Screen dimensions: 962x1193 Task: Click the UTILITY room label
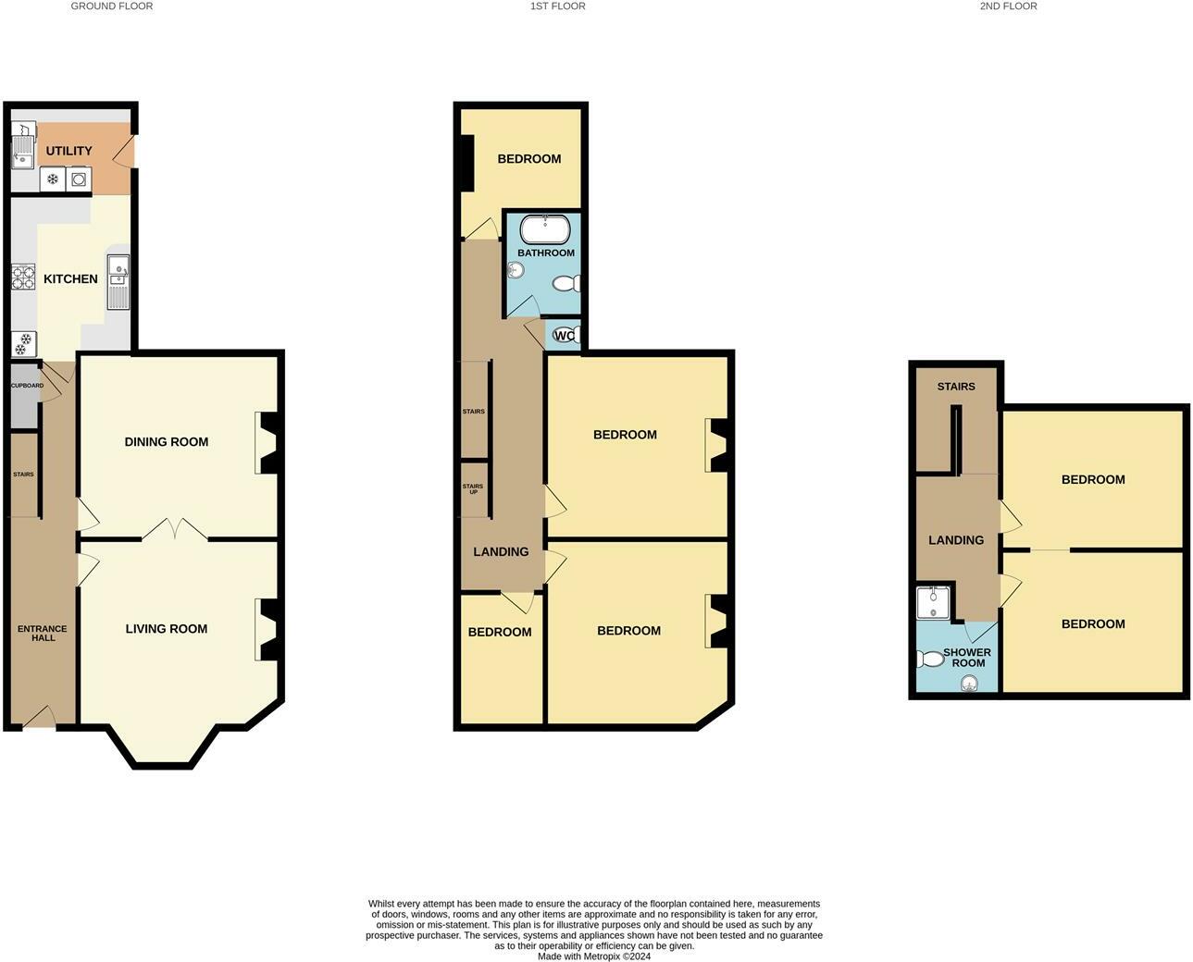pyautogui.click(x=69, y=151)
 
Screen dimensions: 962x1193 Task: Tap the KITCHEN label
pyautogui.click(x=70, y=278)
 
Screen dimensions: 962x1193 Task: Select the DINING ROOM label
pyautogui.click(x=167, y=441)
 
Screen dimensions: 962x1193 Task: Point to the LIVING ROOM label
pyautogui.click(x=167, y=628)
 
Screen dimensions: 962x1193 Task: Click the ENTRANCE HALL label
pyautogui.click(x=43, y=633)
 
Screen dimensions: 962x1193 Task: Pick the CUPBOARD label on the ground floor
pyautogui.click(x=26, y=385)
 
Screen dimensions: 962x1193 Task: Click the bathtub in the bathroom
pyautogui.click(x=545, y=228)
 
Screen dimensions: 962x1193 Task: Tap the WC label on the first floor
pyautogui.click(x=563, y=335)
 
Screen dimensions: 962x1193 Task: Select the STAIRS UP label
pyautogui.click(x=472, y=488)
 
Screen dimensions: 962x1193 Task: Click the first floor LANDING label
pyautogui.click(x=501, y=551)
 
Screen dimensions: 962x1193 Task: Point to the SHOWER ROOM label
pyautogui.click(x=967, y=657)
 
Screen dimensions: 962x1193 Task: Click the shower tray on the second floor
pyautogui.click(x=933, y=602)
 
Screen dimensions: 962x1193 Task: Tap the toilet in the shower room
pyautogui.click(x=928, y=659)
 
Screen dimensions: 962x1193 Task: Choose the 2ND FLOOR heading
pyautogui.click(x=1008, y=6)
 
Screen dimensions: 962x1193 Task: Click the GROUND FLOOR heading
pyautogui.click(x=112, y=6)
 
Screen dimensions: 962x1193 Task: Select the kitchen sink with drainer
pyautogui.click(x=118, y=281)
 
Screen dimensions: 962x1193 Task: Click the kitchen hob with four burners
pyautogui.click(x=23, y=277)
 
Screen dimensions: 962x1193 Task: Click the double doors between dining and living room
pyautogui.click(x=175, y=530)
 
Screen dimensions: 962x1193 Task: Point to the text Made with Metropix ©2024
pyautogui.click(x=593, y=956)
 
